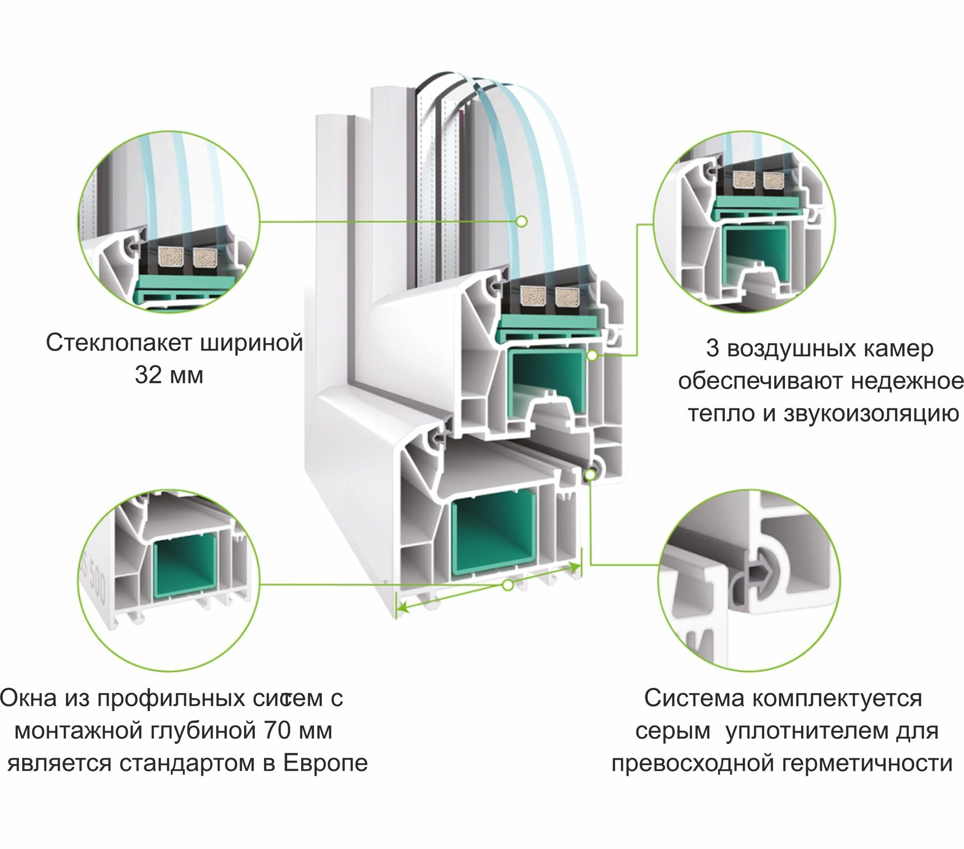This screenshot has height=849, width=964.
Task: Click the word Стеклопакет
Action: [x=118, y=342]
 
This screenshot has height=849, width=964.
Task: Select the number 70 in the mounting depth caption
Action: [x=277, y=731]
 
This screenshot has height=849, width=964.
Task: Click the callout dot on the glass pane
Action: [x=522, y=221]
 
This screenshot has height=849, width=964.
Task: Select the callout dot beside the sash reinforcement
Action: [x=592, y=356]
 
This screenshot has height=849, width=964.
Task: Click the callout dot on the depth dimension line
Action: [x=507, y=585]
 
